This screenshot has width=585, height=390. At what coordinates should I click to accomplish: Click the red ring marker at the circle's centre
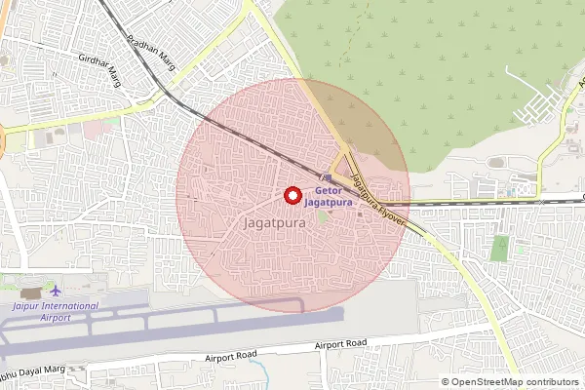292,195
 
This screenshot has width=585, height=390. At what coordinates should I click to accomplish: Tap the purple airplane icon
55,291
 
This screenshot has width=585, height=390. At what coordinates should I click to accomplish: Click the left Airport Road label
229,358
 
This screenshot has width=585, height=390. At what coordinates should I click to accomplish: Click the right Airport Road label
340,344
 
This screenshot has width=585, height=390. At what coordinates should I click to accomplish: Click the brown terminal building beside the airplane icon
31,292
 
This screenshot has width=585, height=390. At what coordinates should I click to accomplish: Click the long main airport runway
175,321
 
